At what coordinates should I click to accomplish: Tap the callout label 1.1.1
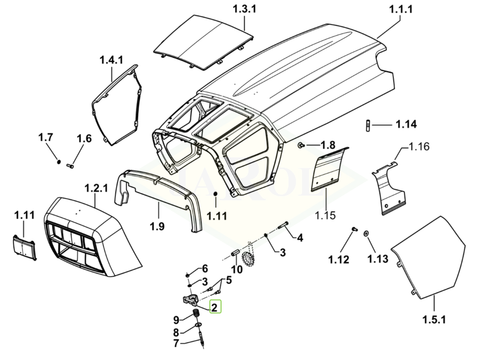point(400,9)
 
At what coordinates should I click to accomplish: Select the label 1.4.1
point(111,60)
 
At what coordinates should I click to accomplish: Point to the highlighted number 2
point(215,307)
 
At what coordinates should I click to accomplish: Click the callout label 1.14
point(406,124)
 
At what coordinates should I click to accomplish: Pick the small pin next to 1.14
point(368,125)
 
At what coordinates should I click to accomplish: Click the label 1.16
point(419,148)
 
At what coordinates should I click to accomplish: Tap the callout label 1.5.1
point(434,320)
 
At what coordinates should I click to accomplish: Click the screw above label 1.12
point(354,229)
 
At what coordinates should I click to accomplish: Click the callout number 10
point(237,269)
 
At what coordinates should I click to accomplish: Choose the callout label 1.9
point(157,226)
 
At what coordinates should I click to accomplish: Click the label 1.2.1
point(96,188)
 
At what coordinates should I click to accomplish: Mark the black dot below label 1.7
point(59,162)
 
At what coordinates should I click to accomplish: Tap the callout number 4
point(300,238)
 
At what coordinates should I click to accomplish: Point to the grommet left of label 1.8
point(301,146)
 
